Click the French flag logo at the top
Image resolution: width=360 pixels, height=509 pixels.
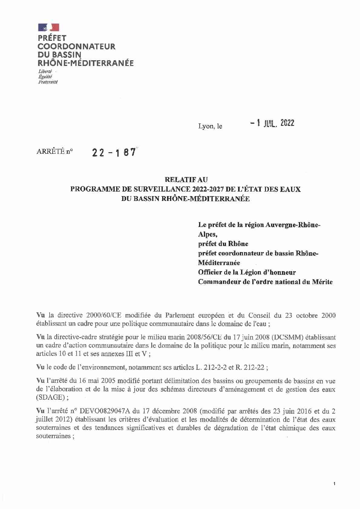[48, 28]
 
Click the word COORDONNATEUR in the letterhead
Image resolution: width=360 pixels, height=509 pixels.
[76, 47]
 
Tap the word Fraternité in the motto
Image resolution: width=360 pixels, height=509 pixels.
[48, 82]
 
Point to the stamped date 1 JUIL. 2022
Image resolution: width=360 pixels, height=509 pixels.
[272, 123]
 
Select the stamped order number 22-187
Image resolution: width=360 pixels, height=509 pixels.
[114, 153]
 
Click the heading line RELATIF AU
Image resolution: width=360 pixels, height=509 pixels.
[186, 180]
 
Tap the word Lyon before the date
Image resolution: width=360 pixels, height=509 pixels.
[206, 126]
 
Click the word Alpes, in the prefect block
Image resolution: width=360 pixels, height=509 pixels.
[208, 234]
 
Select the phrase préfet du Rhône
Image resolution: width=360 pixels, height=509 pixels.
[223, 244]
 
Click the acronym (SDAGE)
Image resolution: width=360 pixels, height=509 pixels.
[51, 397]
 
